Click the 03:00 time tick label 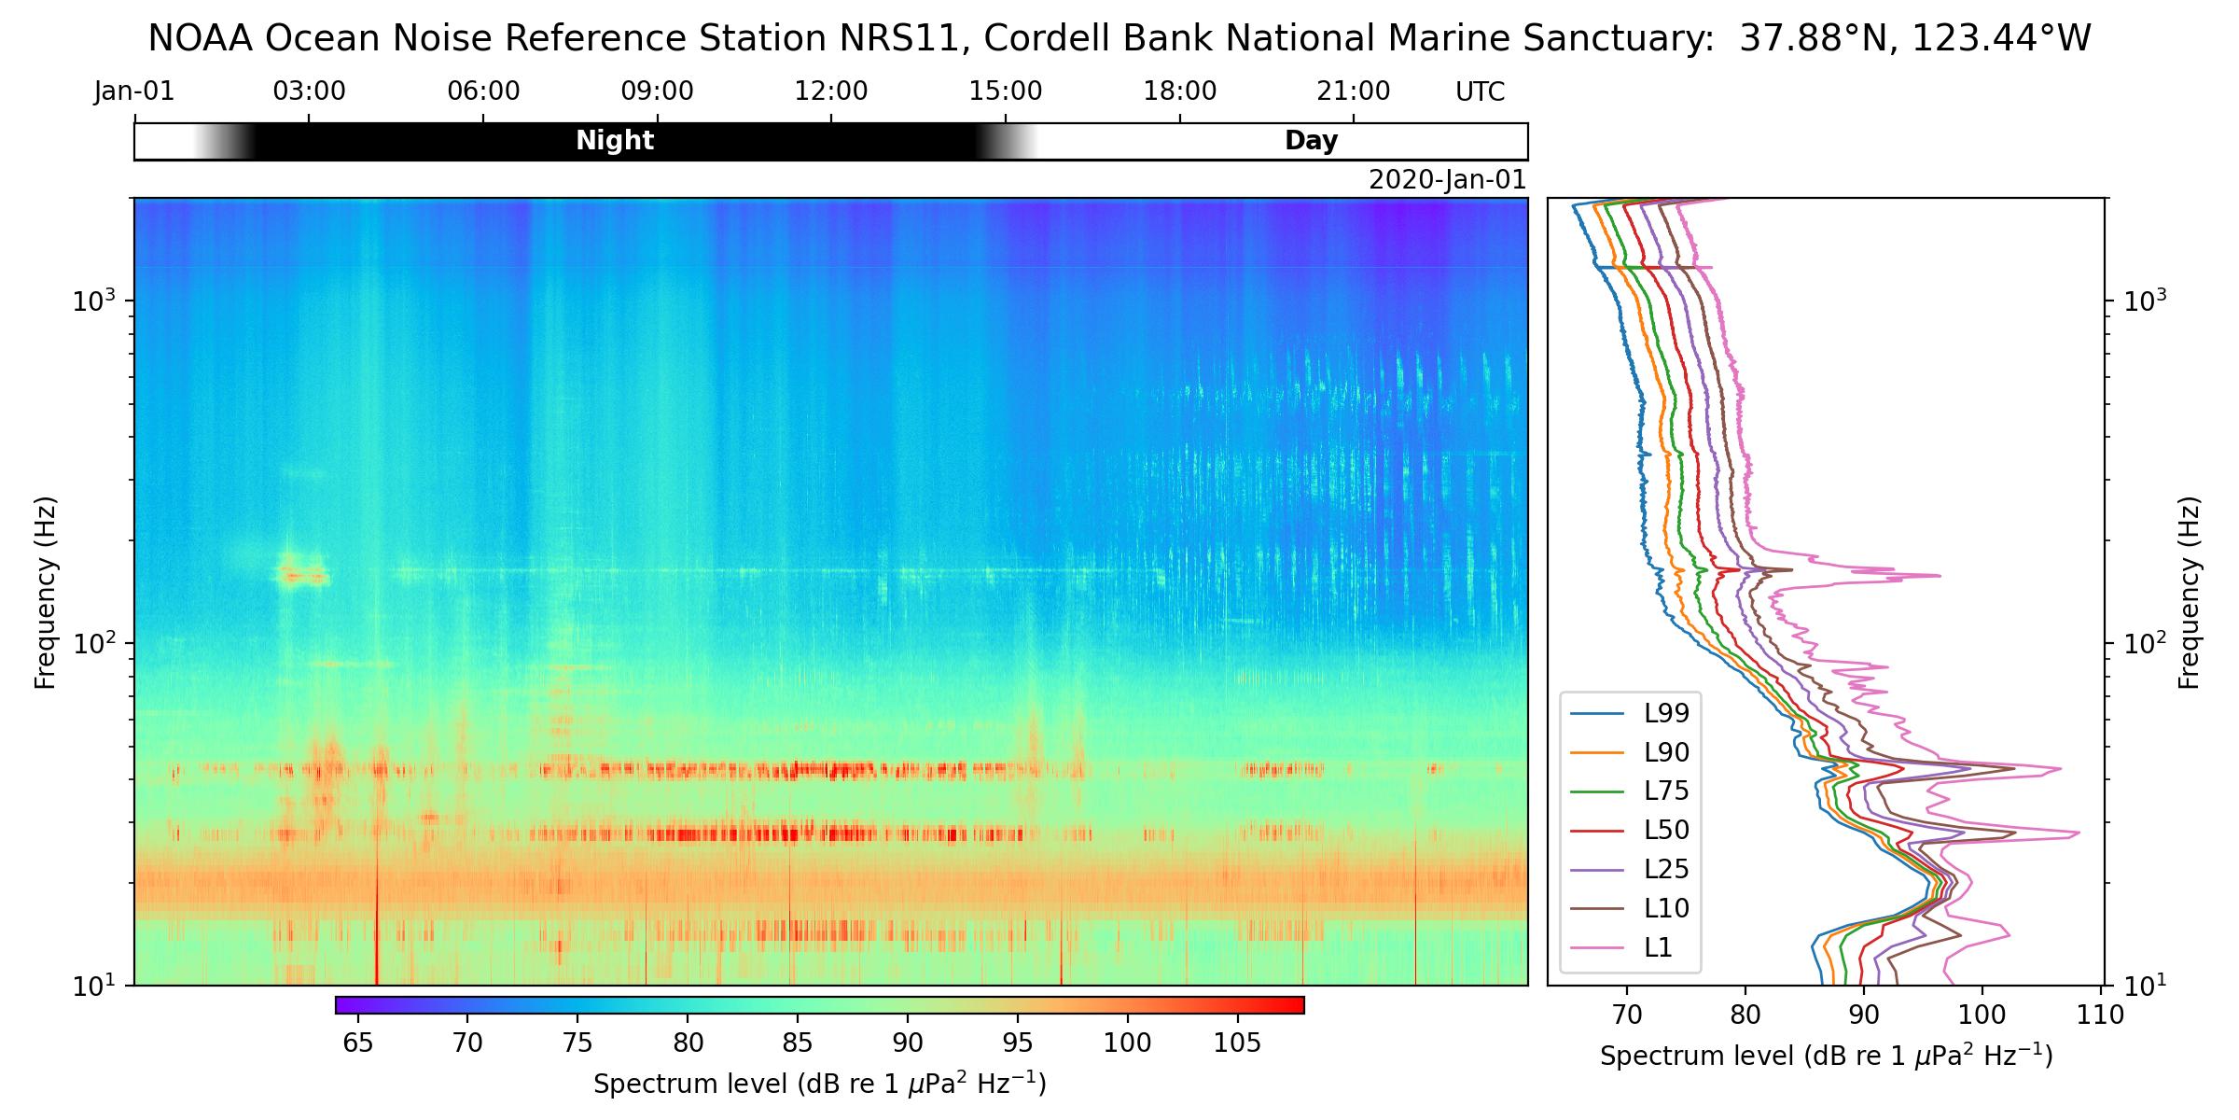pos(309,91)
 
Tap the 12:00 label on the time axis pos(831,91)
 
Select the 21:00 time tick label pos(1354,91)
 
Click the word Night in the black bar pos(615,141)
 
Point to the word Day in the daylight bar pos(1311,141)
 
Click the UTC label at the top pos(1480,91)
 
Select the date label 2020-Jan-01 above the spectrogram pos(1447,180)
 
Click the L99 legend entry pos(1666,714)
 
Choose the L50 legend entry pos(1666,830)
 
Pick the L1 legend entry pos(1658,947)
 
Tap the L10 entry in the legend pos(1666,908)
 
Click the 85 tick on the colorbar pos(799,1043)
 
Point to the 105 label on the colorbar pos(1238,1043)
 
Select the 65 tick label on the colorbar pos(358,1043)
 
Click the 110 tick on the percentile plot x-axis pos(2102,1015)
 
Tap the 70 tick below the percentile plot pos(1627,1015)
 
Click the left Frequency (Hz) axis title pos(45,593)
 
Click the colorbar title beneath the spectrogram pos(819,1085)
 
